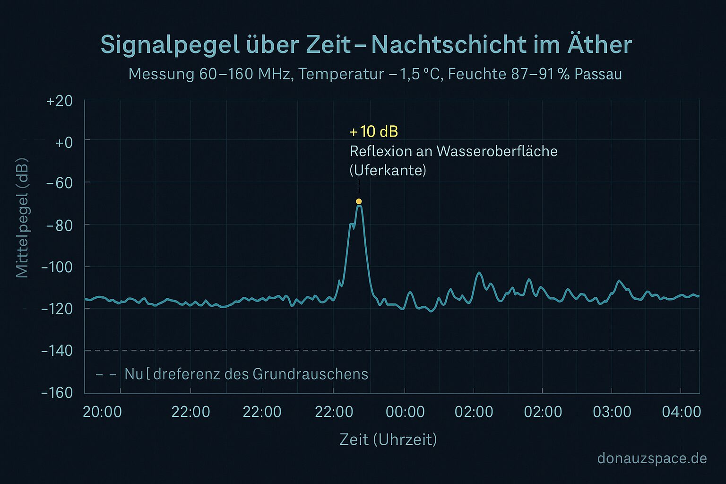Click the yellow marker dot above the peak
[359, 201]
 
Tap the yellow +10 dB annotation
[374, 131]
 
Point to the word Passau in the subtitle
[598, 74]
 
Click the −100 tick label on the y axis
[57, 267]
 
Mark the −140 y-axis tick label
[57, 351]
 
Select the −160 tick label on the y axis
[57, 393]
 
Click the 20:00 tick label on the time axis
[103, 412]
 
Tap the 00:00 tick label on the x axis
[405, 412]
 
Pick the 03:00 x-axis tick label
[612, 412]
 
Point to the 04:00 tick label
[681, 412]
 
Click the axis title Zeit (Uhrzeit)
[388, 440]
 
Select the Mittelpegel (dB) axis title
[22, 218]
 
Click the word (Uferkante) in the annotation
[388, 170]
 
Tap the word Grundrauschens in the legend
[311, 374]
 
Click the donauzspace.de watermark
[652, 458]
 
